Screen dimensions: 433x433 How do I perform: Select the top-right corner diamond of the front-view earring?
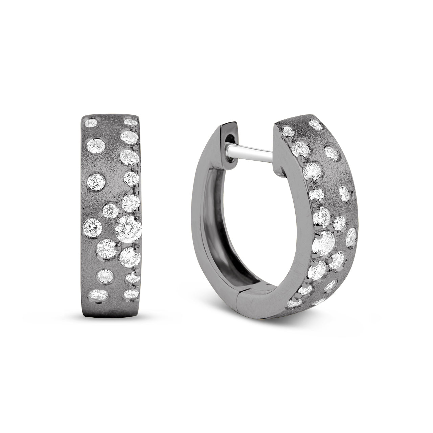point(130,121)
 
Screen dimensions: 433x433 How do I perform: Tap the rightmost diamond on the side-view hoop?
point(351,235)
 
